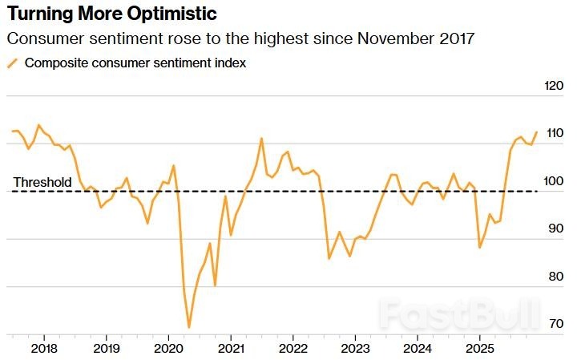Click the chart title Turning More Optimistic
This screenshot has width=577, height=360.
click(x=111, y=14)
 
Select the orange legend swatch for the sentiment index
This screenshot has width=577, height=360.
click(x=12, y=63)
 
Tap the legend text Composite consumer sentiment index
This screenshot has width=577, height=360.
click(x=135, y=63)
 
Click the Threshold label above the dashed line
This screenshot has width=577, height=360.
click(x=42, y=183)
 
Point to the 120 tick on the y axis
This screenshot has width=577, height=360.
click(x=554, y=86)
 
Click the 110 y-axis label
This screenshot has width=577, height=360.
click(x=554, y=133)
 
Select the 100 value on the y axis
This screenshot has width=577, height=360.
click(x=554, y=181)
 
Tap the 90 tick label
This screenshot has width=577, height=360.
click(x=554, y=229)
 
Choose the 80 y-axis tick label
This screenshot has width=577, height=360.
click(x=554, y=277)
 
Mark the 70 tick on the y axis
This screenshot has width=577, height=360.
click(x=554, y=324)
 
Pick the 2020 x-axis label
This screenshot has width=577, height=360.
click(x=168, y=350)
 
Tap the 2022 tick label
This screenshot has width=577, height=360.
click(x=293, y=350)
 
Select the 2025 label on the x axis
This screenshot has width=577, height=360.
click(x=479, y=350)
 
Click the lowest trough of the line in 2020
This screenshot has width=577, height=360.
click(x=189, y=327)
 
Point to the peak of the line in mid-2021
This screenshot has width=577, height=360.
click(x=262, y=138)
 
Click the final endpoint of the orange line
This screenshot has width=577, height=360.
click(x=536, y=131)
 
